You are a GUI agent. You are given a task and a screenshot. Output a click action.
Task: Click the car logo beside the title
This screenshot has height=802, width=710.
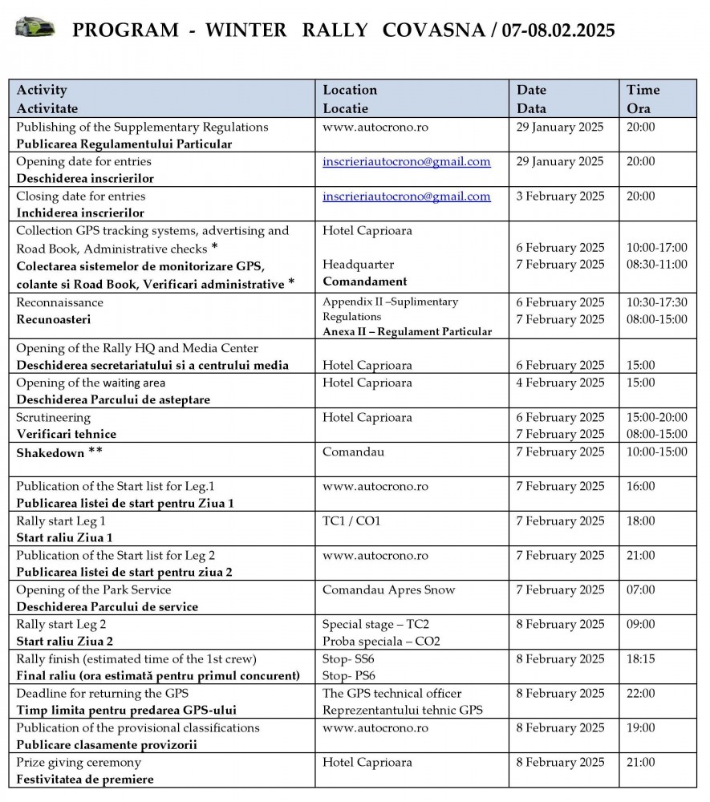tap(35, 28)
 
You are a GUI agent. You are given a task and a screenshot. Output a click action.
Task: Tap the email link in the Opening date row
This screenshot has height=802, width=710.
tap(406, 162)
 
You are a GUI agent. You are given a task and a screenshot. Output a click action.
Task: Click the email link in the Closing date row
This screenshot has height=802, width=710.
tap(406, 196)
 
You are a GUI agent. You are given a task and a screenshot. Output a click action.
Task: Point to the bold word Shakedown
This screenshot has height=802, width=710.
tap(51, 452)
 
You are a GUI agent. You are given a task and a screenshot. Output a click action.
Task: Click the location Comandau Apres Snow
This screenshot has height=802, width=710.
tap(388, 590)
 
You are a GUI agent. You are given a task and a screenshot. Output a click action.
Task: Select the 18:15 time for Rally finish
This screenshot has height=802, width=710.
tap(640, 659)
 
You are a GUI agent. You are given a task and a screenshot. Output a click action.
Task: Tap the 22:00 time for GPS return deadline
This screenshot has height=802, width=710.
tap(641, 694)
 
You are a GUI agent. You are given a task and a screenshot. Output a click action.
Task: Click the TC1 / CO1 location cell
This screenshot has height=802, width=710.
tap(351, 521)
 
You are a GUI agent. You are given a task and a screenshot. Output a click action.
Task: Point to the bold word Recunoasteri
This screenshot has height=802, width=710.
tap(54, 320)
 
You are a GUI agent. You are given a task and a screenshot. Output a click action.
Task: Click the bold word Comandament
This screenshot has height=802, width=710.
tap(365, 282)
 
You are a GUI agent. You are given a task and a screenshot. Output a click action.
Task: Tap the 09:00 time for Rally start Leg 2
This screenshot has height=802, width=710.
tap(640, 625)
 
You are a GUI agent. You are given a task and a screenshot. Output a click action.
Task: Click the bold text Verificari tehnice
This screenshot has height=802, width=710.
tap(67, 435)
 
